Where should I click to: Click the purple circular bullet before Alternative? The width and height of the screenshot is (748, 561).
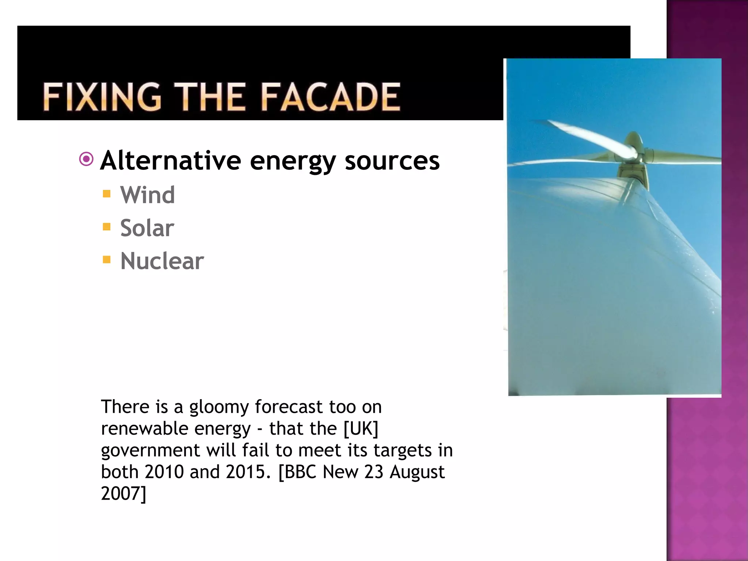pos(87,159)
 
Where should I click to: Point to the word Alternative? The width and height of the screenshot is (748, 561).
pos(171,161)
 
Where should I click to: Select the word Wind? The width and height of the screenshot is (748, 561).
pos(148,195)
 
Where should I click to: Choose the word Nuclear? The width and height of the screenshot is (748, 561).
pos(162,261)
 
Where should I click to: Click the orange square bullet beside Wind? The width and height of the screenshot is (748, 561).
pos(107,194)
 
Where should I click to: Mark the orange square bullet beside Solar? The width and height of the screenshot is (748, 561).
pos(107,227)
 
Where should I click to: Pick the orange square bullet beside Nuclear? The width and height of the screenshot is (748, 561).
pos(107,260)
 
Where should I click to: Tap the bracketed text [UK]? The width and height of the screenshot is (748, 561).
pos(361,429)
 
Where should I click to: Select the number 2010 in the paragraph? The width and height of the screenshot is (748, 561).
pos(164,472)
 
